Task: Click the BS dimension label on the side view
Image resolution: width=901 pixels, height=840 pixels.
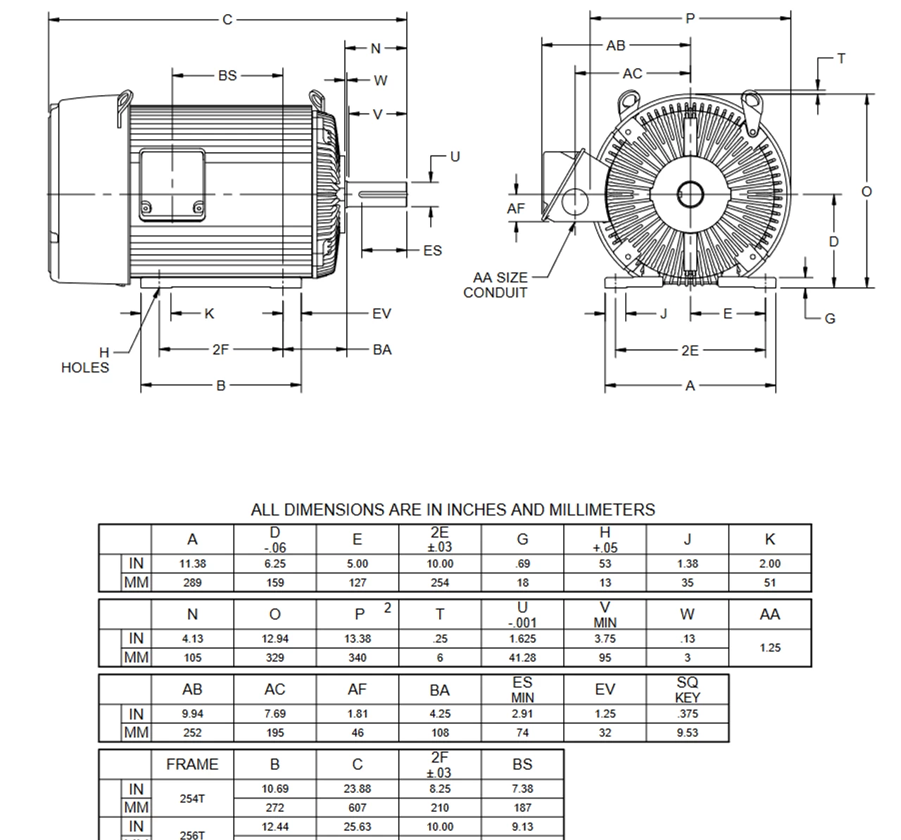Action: click(x=227, y=75)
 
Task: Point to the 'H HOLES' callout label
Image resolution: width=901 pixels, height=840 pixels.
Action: click(x=86, y=361)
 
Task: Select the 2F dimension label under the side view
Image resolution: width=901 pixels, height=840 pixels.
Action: click(x=220, y=349)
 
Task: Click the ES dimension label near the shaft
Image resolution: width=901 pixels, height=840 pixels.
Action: click(x=432, y=251)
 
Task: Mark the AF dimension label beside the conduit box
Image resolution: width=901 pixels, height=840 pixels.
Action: click(x=516, y=208)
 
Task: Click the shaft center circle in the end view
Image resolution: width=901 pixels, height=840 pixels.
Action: click(x=688, y=195)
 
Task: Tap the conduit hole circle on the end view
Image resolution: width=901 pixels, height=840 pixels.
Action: click(x=576, y=201)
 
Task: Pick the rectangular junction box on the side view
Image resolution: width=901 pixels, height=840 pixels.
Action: click(x=172, y=184)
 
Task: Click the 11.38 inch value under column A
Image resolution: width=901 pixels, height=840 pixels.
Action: click(x=192, y=564)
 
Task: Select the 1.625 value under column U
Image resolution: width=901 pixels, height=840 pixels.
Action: click(x=522, y=639)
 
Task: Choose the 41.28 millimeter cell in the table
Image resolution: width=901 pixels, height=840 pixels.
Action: click(x=522, y=658)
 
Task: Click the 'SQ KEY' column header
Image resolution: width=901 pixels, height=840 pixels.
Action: click(x=687, y=689)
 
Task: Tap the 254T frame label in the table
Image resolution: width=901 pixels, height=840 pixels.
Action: click(x=192, y=798)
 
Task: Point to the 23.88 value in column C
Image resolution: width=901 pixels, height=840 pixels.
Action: click(x=357, y=789)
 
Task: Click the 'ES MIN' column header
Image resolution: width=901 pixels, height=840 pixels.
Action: click(x=522, y=689)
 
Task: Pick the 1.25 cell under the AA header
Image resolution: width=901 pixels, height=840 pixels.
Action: click(x=770, y=648)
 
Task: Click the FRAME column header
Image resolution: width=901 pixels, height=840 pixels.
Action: click(x=192, y=764)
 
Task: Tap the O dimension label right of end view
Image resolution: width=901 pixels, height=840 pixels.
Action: click(x=867, y=192)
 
